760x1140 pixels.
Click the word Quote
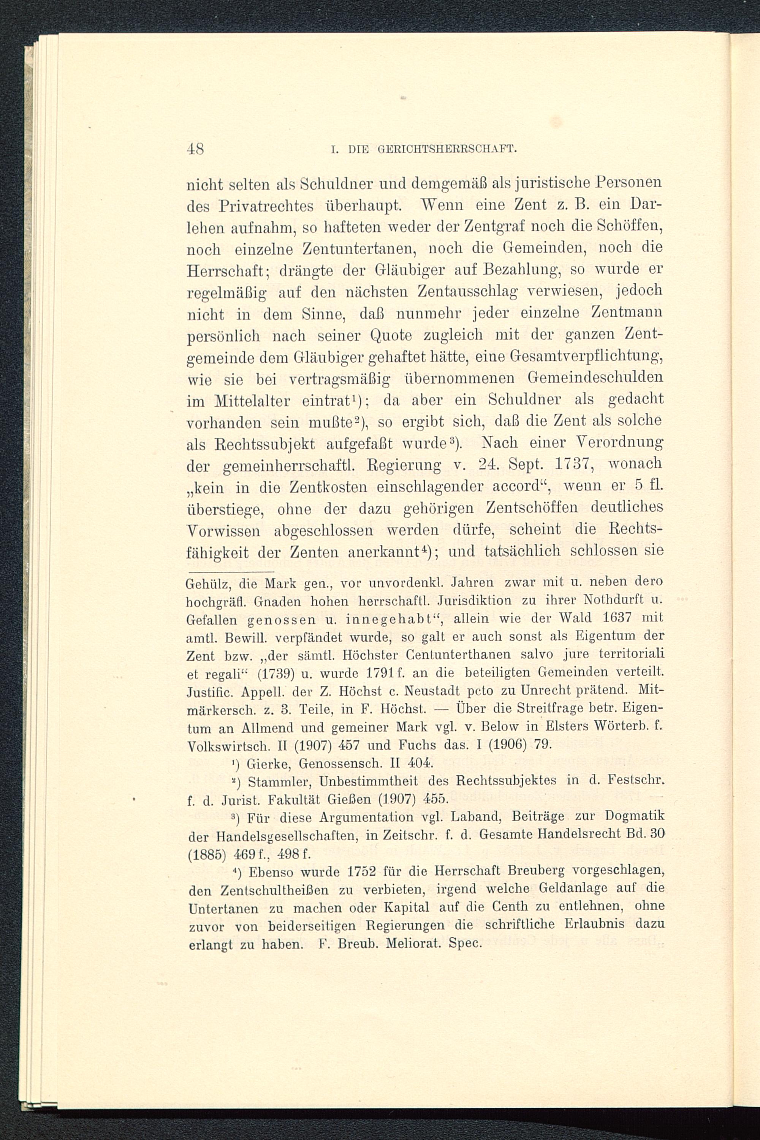pos(390,335)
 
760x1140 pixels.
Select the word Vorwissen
pos(223,530)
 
